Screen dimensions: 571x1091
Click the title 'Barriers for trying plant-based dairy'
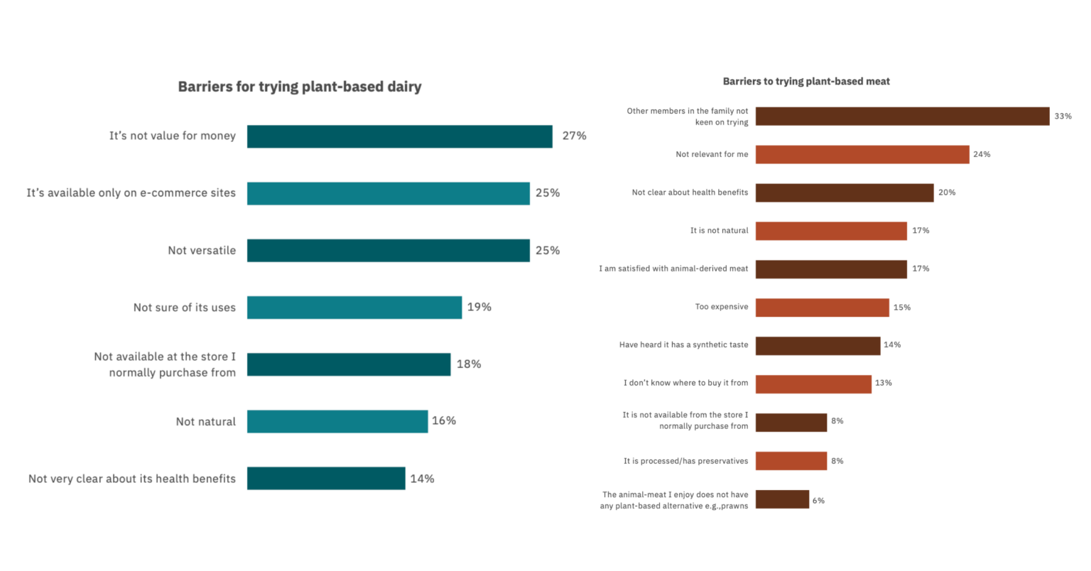299,87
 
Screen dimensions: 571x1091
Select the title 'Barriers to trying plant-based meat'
806,82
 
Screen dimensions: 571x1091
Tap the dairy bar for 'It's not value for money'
399,136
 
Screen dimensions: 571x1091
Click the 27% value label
574,136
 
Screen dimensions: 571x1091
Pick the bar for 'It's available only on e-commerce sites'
388,193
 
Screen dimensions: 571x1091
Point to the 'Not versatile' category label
202,251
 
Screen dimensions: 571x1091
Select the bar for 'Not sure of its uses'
354,308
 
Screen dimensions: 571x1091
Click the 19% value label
479,307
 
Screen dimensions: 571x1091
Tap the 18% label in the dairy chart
468,364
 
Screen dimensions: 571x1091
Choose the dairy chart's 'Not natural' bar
337,421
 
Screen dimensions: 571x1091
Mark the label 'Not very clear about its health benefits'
132,479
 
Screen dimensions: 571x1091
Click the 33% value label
1063,116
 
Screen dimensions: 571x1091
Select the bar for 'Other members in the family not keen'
902,116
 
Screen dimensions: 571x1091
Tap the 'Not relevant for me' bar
862,154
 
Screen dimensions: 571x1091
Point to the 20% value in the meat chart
946,192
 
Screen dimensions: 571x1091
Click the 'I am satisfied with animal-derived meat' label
673,268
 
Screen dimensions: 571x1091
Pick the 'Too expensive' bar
822,308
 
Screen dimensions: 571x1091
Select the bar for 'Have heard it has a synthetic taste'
818,345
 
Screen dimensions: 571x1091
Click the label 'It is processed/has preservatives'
685,461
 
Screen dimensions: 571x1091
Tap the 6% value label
818,501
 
